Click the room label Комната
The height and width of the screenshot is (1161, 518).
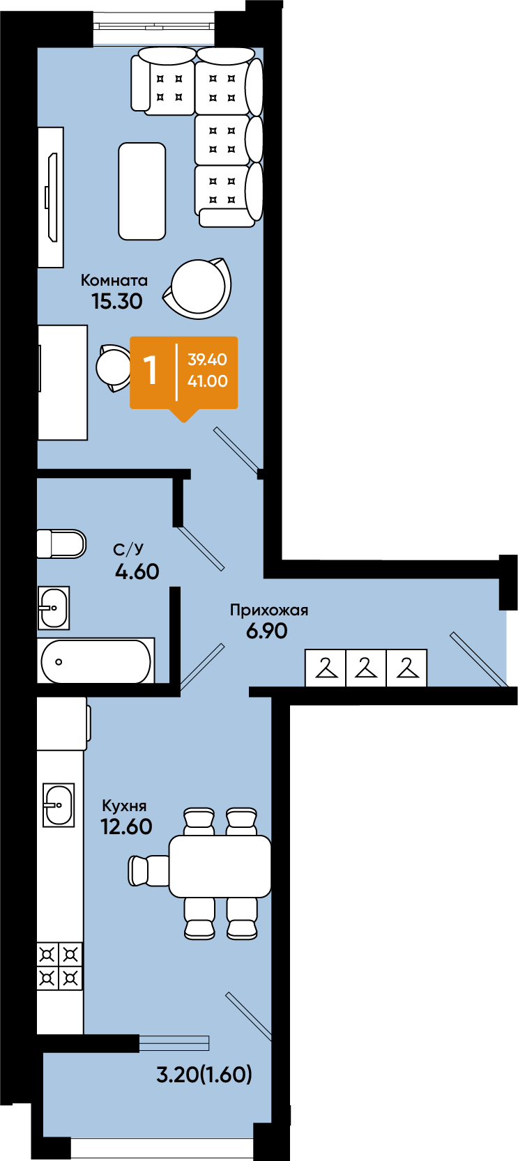click(114, 280)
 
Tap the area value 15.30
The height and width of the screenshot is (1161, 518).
click(117, 301)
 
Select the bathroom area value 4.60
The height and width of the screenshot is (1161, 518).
click(137, 571)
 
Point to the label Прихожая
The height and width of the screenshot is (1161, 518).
click(269, 610)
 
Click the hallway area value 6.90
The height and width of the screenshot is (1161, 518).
click(266, 631)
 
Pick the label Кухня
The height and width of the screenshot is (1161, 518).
click(124, 806)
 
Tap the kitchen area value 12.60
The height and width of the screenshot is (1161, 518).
click(126, 826)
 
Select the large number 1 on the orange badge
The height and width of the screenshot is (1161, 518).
click(151, 371)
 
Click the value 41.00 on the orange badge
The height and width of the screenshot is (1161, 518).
click(207, 381)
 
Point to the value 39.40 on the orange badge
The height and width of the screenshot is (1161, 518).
click(207, 359)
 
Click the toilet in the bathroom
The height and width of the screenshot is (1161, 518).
click(61, 544)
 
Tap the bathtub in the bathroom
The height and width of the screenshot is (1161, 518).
click(96, 661)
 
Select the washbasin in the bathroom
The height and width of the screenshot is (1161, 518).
click(54, 608)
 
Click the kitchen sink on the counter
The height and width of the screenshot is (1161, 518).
click(58, 805)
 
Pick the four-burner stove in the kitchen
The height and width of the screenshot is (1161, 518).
click(60, 966)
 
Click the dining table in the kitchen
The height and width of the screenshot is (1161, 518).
click(220, 866)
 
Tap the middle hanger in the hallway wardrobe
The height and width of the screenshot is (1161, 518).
click(366, 668)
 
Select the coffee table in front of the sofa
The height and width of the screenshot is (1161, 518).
click(142, 191)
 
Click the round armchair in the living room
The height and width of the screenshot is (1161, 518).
click(197, 288)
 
